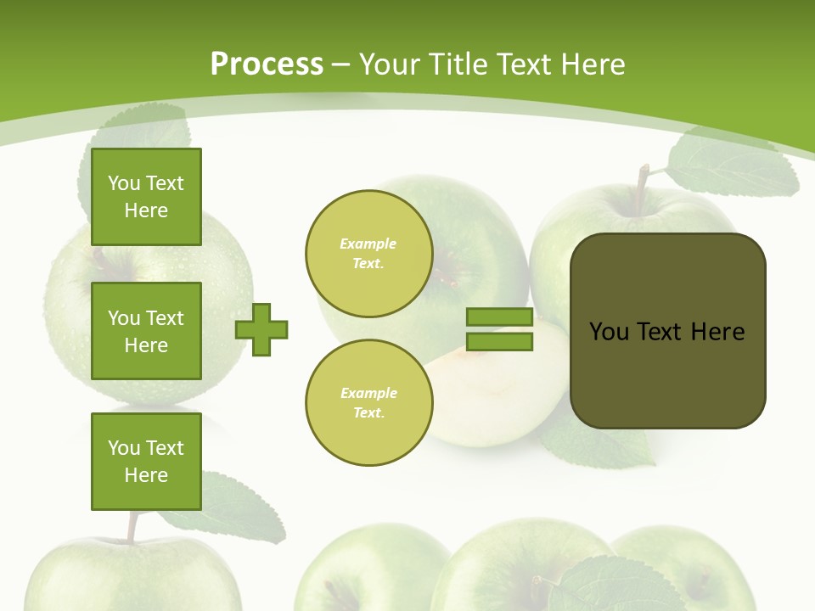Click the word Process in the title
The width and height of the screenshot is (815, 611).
(x=267, y=64)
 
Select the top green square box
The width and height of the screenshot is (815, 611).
(x=146, y=197)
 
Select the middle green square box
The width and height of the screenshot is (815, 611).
(x=146, y=331)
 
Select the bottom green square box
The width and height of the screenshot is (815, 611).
(x=146, y=461)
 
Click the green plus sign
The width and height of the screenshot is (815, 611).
(x=261, y=329)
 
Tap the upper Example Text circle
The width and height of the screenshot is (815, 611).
(x=368, y=253)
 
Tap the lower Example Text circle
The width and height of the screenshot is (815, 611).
(x=368, y=402)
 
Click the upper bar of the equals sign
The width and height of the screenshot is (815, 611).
(x=499, y=317)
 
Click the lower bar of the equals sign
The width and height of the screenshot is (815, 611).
(x=499, y=341)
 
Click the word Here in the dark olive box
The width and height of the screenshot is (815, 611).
(x=717, y=331)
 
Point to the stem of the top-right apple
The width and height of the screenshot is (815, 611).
(x=643, y=180)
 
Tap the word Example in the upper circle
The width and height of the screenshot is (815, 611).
(x=368, y=244)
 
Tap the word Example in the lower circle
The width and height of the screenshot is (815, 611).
(x=368, y=393)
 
